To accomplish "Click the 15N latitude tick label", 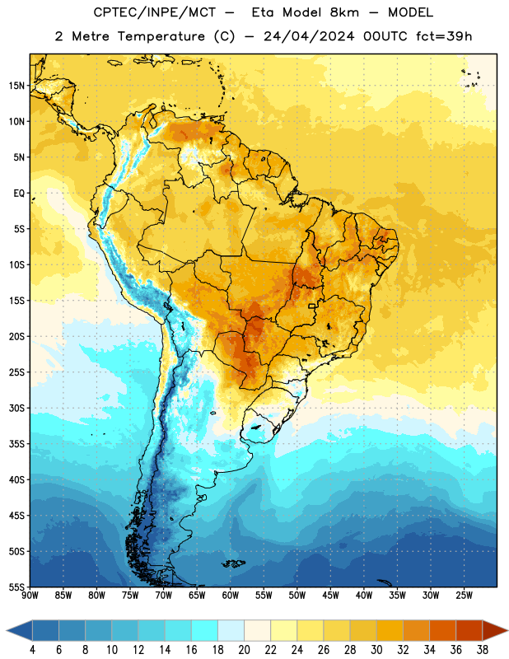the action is tap(16, 86).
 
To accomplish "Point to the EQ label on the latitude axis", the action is tap(19, 194).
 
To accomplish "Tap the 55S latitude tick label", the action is tap(16, 587).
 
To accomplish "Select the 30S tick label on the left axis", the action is tap(16, 408).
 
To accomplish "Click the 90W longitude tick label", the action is tap(30, 595).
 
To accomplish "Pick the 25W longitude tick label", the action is tap(464, 595).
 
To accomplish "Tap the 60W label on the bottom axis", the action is tap(231, 595).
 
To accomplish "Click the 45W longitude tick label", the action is tap(330, 595).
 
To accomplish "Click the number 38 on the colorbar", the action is tap(483, 650).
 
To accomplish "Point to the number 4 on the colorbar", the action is tap(32, 650).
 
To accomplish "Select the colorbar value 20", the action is tap(244, 650).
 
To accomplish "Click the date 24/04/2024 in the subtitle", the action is tap(309, 36).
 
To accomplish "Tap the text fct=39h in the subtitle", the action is tap(444, 36).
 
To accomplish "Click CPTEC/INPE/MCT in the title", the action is tap(154, 12).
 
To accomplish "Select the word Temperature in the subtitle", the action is tap(161, 36).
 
